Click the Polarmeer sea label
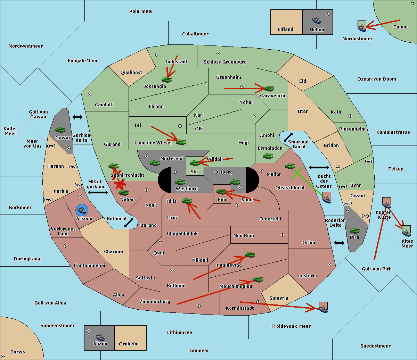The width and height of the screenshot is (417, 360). click(x=141, y=11)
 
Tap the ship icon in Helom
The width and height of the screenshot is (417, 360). click(x=317, y=20)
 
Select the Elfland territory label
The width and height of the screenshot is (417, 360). click(x=285, y=30)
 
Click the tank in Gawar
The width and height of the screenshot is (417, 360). click(x=60, y=130)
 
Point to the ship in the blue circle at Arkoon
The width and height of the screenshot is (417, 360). click(x=82, y=210)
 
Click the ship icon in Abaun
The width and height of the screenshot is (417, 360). click(x=100, y=337)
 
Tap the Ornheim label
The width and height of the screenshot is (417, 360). click(x=129, y=344)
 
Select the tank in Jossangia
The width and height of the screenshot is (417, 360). click(x=167, y=80)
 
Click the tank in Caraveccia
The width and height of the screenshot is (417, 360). click(x=269, y=89)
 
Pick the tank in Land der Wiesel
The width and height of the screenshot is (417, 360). click(x=181, y=142)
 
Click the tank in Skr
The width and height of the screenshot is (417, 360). click(x=195, y=163)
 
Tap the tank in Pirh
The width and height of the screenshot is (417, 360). click(x=354, y=231)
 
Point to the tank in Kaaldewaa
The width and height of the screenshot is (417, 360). click(x=250, y=255)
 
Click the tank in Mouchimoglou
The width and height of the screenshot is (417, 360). click(x=258, y=279)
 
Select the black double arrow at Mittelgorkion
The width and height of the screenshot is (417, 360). click(x=98, y=192)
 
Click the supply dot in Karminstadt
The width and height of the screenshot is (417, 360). click(x=258, y=302)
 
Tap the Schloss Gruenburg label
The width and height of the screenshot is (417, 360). click(x=225, y=62)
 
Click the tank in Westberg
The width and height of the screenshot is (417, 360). click(x=180, y=182)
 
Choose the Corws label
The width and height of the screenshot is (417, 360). click(x=18, y=352)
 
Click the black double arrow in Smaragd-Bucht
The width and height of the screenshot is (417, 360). click(x=288, y=137)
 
